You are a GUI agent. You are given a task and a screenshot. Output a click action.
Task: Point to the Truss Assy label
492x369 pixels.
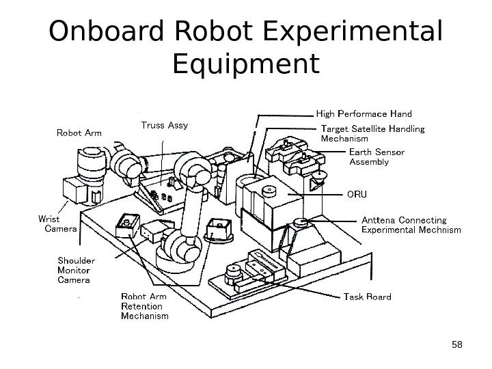[164, 126]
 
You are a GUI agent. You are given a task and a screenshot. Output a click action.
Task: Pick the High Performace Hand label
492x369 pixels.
[364, 113]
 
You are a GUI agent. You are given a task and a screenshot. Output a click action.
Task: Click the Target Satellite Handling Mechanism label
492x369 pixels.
[372, 133]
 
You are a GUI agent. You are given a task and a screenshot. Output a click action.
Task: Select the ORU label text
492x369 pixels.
[357, 195]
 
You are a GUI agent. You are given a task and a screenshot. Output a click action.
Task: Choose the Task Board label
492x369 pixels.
[367, 297]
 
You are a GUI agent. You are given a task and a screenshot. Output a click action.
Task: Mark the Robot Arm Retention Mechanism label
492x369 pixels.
[144, 307]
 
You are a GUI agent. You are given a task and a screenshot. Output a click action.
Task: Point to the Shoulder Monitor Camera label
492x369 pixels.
[77, 270]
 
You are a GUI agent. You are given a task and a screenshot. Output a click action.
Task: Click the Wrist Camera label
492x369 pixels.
[56, 224]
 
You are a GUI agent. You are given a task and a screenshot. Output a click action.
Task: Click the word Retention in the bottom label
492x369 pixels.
[141, 307]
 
